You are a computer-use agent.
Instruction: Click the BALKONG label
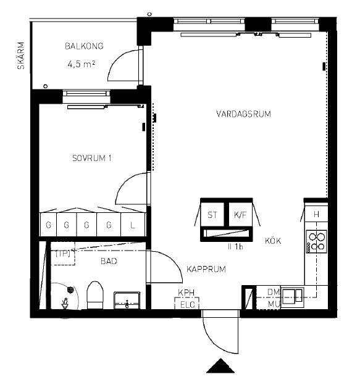84,46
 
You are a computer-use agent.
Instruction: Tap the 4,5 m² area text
82,64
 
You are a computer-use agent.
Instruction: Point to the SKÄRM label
21,56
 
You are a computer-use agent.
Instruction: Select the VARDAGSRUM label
243,114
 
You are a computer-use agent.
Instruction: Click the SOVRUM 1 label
92,158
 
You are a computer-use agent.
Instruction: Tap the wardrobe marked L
133,225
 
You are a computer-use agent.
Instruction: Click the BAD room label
109,261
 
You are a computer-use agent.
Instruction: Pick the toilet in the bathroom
95,295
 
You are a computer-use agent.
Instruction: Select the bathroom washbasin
127,300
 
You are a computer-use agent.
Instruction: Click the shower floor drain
70,289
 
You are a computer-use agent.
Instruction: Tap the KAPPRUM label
206,269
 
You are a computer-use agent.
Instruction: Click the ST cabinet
212,215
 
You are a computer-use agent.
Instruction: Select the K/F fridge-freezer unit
240,215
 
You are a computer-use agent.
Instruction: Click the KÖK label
273,241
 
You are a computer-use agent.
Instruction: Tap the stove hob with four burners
316,242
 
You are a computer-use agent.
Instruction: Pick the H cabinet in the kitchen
316,214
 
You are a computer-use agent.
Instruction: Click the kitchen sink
293,297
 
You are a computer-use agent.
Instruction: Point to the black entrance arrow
220,366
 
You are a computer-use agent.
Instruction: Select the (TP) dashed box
63,254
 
